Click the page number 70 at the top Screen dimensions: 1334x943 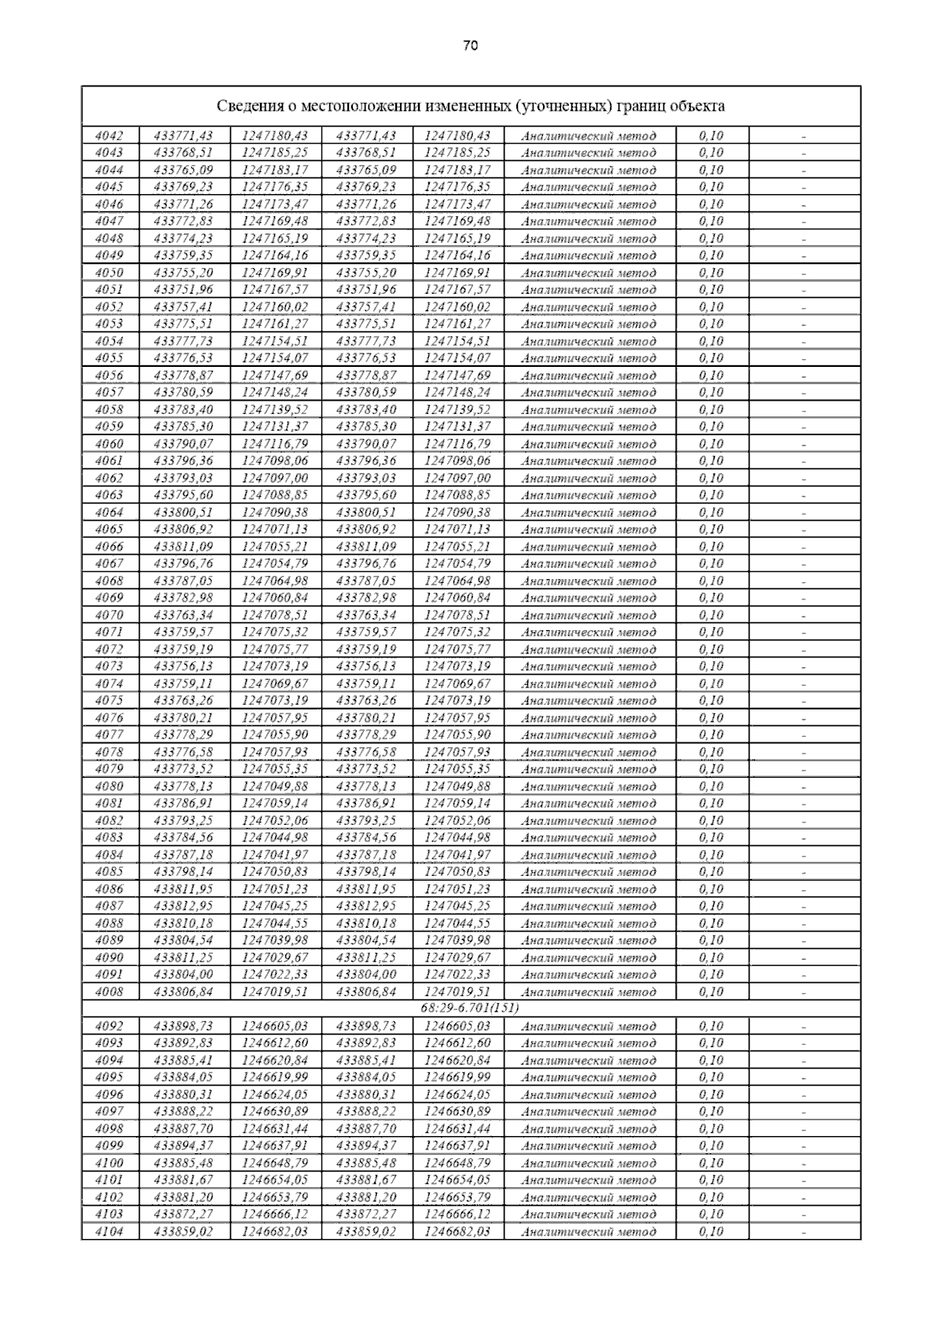click(x=471, y=46)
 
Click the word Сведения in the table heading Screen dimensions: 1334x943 click(x=244, y=106)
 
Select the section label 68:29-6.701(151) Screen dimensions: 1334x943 click(x=471, y=1009)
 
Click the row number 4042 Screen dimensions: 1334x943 click(x=109, y=135)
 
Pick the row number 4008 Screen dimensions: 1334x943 click(x=109, y=991)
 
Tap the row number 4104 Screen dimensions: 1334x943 click(x=109, y=1231)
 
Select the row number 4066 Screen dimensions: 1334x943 click(x=109, y=547)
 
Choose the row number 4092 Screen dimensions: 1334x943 click(x=109, y=1026)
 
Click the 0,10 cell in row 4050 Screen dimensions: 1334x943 click(x=711, y=273)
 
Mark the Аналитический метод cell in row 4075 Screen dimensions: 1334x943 click(x=589, y=701)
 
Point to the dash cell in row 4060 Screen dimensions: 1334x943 click(x=804, y=444)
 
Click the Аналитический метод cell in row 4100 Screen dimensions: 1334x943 click(x=589, y=1163)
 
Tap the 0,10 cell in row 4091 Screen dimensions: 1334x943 click(x=711, y=974)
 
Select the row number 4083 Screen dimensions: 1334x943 click(x=109, y=837)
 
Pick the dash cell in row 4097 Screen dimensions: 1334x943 click(x=804, y=1112)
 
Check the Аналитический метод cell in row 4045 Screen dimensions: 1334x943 click(x=589, y=187)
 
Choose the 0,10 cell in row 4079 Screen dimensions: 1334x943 click(x=711, y=769)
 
